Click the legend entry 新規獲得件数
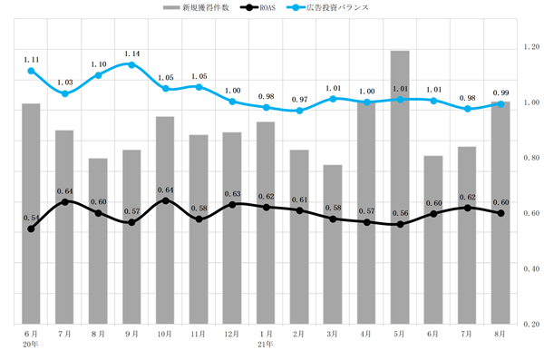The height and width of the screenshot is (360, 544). click(x=196, y=7)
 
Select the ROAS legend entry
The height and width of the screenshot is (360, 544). click(x=258, y=7)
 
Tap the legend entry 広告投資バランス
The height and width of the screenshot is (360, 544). click(x=328, y=7)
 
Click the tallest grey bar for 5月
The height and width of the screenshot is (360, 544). click(x=400, y=188)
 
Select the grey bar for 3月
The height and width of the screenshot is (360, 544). click(x=333, y=245)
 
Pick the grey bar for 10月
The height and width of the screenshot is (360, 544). click(x=165, y=220)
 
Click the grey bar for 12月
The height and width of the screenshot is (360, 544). click(x=232, y=229)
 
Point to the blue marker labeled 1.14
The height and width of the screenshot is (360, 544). click(x=131, y=65)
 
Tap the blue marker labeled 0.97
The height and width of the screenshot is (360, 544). click(x=300, y=111)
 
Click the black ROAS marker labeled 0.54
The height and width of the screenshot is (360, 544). click(x=31, y=229)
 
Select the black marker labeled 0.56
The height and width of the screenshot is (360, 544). click(x=400, y=224)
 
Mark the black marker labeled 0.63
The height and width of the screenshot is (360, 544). click(x=232, y=204)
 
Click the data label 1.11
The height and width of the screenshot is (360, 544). click(x=31, y=60)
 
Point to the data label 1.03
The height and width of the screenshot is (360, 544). click(x=65, y=83)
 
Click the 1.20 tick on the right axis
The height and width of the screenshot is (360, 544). click(x=531, y=47)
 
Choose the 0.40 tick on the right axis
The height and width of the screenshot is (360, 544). click(x=531, y=268)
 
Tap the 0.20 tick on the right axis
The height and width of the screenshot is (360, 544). click(x=531, y=324)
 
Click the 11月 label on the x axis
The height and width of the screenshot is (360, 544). click(x=198, y=334)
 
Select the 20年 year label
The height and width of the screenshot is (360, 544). click(x=31, y=345)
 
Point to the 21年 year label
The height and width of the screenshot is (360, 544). click(x=266, y=345)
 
